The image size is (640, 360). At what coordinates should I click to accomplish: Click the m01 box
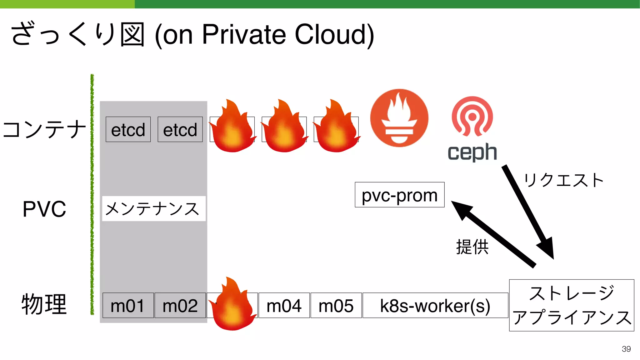point(128,306)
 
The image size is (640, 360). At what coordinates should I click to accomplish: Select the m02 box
point(180,306)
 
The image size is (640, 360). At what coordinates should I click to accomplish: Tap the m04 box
point(284,306)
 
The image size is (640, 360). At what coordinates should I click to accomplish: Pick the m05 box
point(336,306)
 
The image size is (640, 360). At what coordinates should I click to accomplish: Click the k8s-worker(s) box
point(435,306)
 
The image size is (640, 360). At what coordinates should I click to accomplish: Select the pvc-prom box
point(399,195)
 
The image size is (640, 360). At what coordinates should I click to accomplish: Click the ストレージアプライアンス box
point(571,305)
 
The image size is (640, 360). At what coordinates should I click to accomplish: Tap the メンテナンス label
point(153,209)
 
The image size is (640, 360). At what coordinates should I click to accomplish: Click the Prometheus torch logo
point(399,118)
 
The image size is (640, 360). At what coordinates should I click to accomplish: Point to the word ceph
point(472,152)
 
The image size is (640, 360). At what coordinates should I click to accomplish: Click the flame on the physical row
point(232,305)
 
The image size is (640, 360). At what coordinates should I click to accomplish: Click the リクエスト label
point(563,181)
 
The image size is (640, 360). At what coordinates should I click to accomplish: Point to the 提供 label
point(472,247)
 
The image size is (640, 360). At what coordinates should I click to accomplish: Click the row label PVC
point(44,209)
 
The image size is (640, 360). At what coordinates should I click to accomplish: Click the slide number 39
point(626,349)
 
